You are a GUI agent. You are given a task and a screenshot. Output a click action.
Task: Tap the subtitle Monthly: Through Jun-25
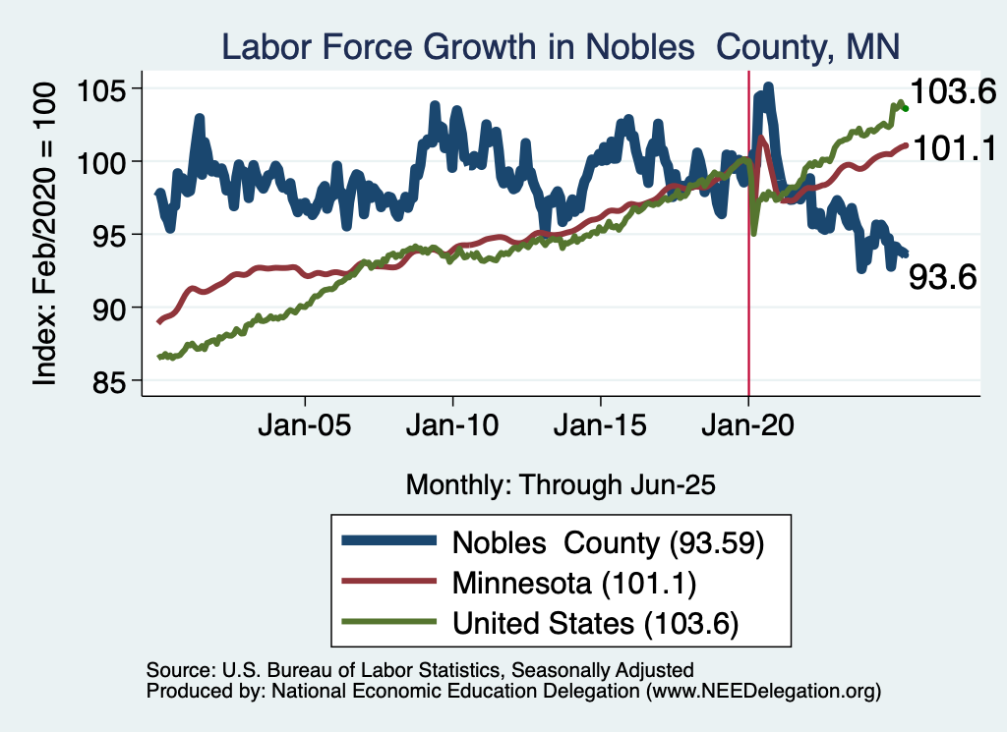[561, 484]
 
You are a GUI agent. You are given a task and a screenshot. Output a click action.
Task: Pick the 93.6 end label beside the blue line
[941, 278]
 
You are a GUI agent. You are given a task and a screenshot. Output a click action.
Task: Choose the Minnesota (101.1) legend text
[574, 583]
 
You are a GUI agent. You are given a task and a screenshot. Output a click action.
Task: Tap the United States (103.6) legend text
[595, 623]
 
